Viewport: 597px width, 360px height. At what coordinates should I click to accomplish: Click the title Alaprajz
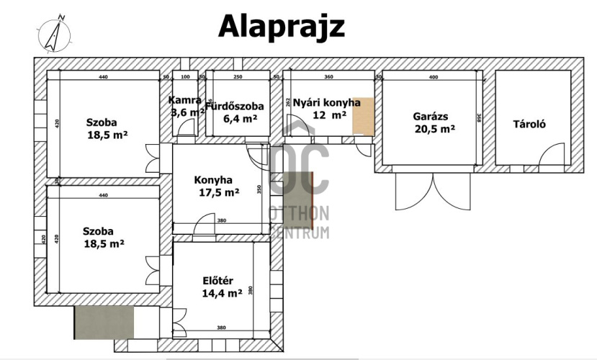282,26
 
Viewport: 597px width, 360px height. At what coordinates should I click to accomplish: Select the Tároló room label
529,124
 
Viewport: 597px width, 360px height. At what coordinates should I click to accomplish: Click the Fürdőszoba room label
235,107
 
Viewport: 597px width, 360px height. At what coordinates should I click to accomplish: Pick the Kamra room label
184,100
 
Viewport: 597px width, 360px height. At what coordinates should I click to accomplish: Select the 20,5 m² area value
434,129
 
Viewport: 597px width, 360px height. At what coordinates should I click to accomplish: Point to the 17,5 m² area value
218,192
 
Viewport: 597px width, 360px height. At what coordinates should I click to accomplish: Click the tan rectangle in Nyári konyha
363,116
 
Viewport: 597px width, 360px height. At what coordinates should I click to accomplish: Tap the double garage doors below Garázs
431,191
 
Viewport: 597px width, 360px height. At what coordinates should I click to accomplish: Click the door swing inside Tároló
553,154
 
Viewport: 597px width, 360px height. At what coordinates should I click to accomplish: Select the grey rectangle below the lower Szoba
104,322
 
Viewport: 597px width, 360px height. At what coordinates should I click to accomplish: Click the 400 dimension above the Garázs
433,76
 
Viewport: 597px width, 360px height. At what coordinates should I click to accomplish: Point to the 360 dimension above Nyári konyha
328,76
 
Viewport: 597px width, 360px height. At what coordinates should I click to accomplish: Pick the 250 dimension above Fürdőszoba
238,76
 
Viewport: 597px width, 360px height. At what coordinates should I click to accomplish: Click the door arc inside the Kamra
187,127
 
